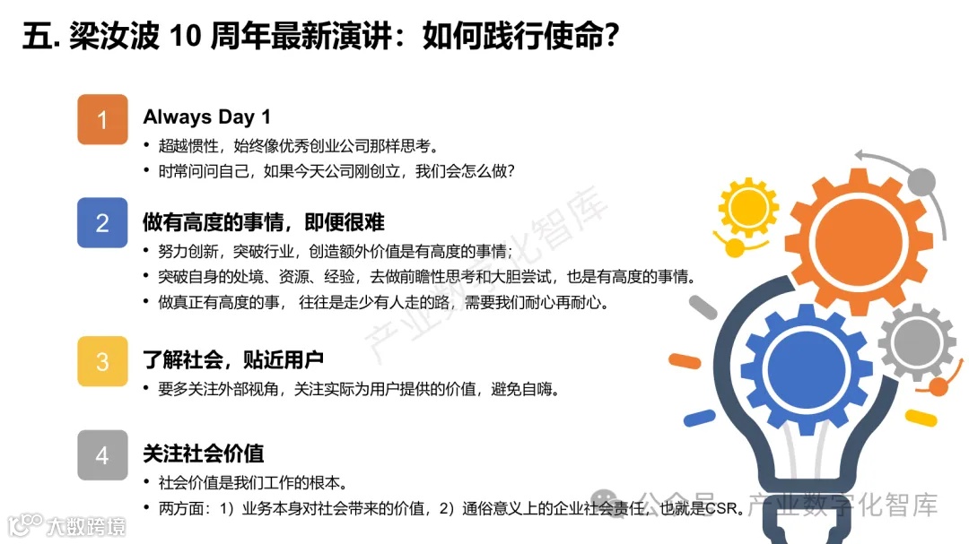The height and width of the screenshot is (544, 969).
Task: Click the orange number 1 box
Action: (x=102, y=119)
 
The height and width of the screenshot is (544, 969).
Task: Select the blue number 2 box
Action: (x=102, y=222)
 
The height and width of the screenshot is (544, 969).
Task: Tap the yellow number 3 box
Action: (x=102, y=361)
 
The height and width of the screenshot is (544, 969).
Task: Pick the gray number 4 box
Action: (x=102, y=455)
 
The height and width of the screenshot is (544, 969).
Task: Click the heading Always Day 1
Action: (x=206, y=117)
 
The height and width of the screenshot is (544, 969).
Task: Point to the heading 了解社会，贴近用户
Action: (x=232, y=360)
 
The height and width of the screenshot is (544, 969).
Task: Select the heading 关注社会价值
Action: (x=203, y=454)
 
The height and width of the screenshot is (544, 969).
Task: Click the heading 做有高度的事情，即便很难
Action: (x=264, y=221)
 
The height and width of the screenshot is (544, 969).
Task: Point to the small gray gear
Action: (x=916, y=341)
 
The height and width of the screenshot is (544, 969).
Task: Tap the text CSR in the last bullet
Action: (x=723, y=509)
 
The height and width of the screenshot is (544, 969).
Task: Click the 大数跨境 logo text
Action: (x=86, y=524)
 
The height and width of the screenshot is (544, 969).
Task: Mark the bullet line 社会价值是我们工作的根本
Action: (x=252, y=482)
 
